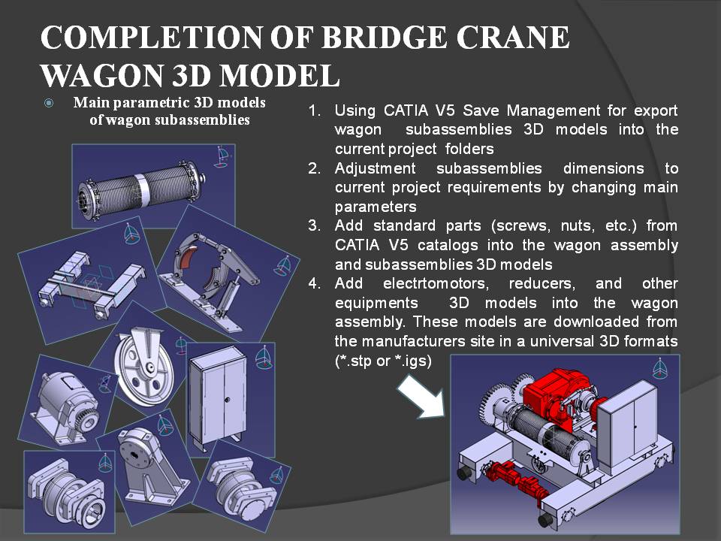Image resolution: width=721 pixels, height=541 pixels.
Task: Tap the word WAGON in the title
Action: [102, 75]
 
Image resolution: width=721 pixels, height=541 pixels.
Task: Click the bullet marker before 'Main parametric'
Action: [49, 103]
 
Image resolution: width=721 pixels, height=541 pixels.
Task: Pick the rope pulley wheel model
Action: [144, 365]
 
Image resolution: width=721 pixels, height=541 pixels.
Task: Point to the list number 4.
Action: [314, 283]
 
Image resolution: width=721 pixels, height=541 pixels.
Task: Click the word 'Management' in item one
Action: [553, 110]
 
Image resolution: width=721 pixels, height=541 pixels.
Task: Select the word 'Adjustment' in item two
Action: [375, 168]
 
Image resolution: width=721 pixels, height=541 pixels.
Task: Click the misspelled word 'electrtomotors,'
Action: [436, 283]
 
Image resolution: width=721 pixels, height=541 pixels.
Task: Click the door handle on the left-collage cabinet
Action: [227, 400]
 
